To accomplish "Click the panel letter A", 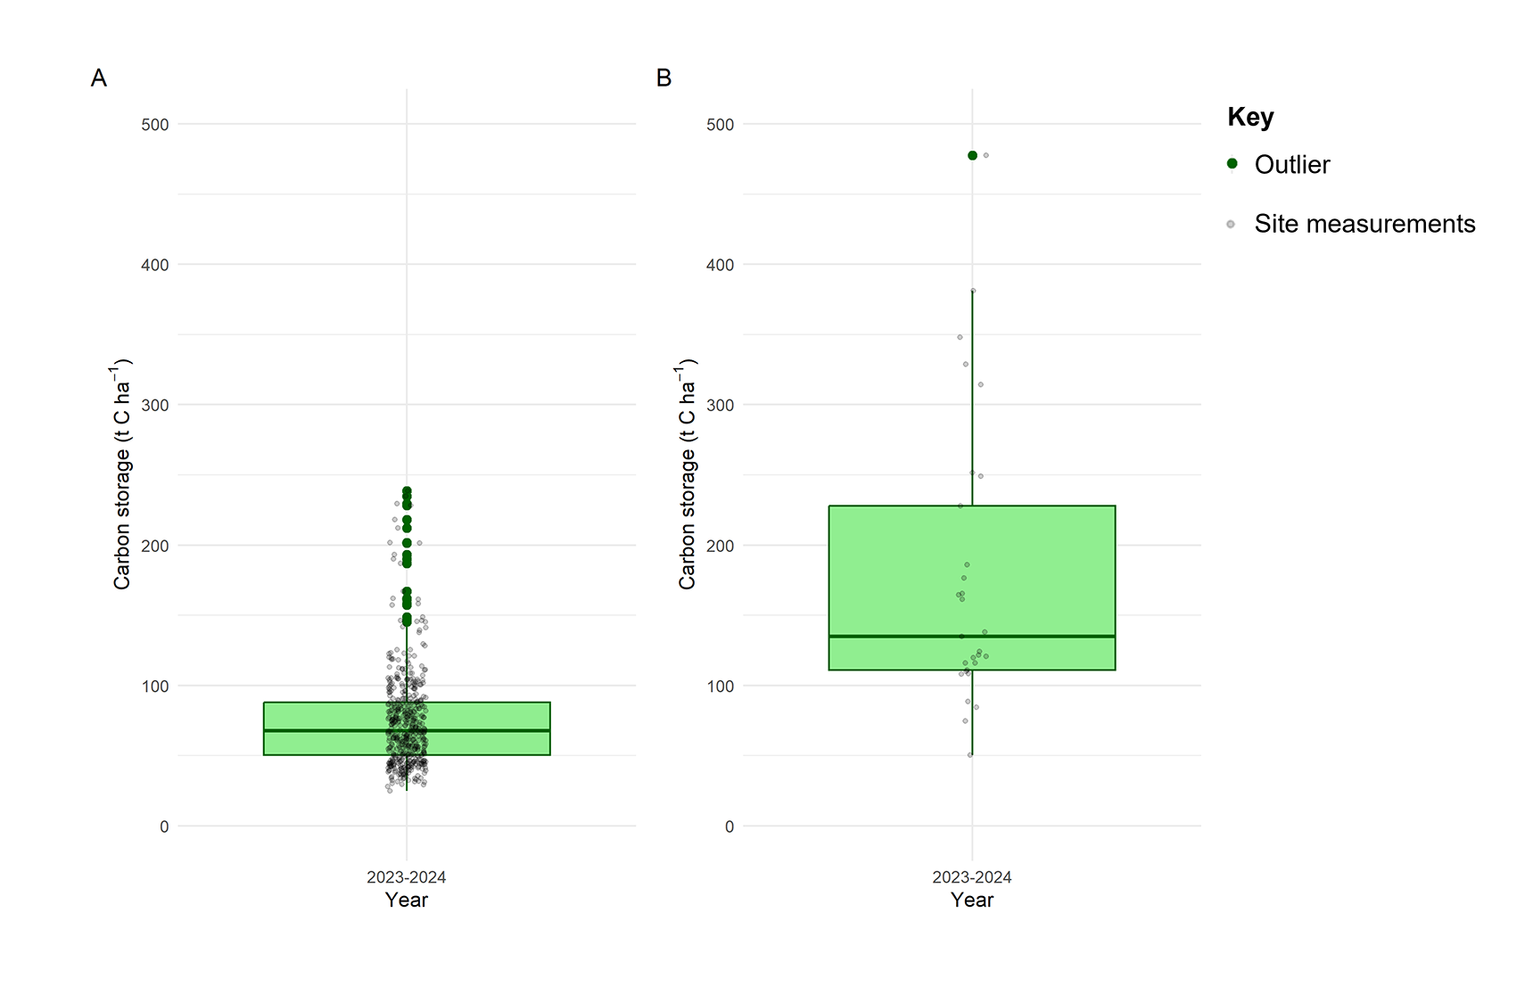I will click(99, 78).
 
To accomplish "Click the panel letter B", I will click(663, 78).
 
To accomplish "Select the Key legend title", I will click(1250, 117).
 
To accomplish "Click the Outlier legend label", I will click(1291, 165).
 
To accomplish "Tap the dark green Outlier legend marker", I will click(1232, 164).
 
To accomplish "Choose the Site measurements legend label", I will click(1364, 224).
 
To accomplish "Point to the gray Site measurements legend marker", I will click(1231, 225).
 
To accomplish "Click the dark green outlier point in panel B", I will click(972, 156).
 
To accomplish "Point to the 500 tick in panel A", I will click(155, 125).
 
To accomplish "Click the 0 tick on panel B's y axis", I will click(729, 827).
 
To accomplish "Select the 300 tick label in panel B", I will click(720, 406).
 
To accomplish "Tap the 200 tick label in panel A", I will click(155, 546).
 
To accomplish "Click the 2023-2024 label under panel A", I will click(407, 877).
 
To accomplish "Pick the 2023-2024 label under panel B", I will click(971, 877).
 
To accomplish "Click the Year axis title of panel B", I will click(971, 901).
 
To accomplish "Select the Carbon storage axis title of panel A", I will click(122, 474).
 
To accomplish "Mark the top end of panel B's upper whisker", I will click(972, 291).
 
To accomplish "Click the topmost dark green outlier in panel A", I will click(407, 491).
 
